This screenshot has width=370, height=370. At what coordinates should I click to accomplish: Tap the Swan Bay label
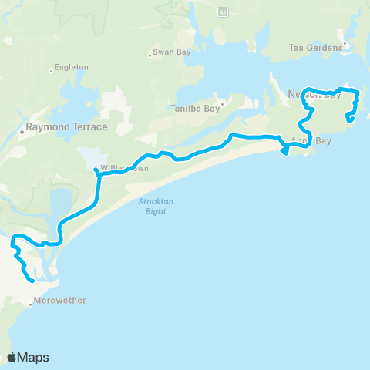click(x=171, y=54)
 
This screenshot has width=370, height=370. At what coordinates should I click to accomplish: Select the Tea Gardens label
click(x=316, y=48)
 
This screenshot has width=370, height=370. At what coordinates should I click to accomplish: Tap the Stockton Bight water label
click(x=152, y=207)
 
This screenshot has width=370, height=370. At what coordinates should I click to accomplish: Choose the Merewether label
click(x=60, y=301)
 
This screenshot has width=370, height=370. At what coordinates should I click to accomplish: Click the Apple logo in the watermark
click(x=12, y=357)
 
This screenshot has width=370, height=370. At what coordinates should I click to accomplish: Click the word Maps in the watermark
click(x=34, y=357)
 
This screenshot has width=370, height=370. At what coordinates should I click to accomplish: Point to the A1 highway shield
click(x=223, y=12)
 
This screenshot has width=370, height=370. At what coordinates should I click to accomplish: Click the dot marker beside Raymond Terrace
click(x=22, y=131)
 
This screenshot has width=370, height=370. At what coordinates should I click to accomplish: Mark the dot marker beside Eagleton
click(x=52, y=69)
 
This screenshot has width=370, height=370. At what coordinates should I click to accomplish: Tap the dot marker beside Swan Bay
click(x=150, y=55)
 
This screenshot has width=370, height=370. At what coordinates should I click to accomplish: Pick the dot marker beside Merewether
click(x=30, y=305)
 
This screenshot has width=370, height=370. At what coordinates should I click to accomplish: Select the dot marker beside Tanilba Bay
click(x=221, y=103)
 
